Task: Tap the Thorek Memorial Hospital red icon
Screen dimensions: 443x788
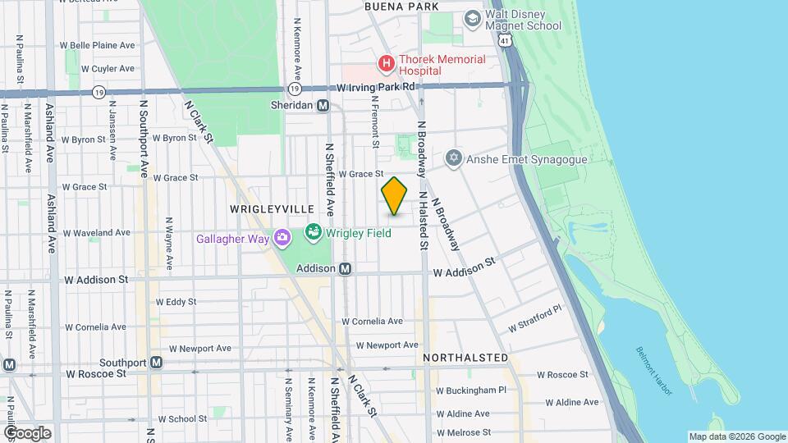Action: [x=384, y=62]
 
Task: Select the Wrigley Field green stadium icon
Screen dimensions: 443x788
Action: [x=313, y=233]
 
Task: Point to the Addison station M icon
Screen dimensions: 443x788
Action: [x=346, y=268]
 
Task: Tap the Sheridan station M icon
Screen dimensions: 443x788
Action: [x=323, y=105]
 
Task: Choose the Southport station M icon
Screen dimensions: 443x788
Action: [x=156, y=362]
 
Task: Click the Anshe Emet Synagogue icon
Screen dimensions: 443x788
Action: [x=452, y=158]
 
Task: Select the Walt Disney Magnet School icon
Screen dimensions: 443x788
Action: [x=472, y=18]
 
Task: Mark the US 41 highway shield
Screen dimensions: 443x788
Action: [x=510, y=39]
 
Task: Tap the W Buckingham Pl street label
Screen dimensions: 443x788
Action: [x=471, y=390]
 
